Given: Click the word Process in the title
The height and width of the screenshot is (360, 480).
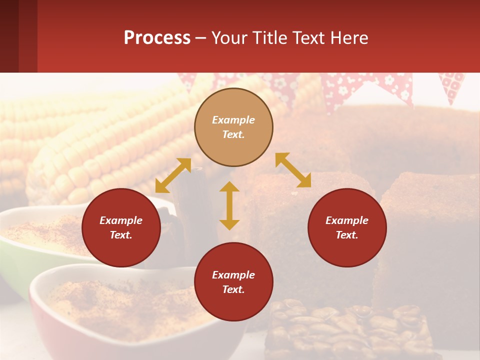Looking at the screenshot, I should [157, 38].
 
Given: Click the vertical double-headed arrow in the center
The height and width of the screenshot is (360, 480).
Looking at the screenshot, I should [229, 205].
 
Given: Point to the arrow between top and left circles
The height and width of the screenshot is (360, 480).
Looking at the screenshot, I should [173, 175].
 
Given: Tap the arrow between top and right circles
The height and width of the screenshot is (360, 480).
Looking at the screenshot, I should [293, 170].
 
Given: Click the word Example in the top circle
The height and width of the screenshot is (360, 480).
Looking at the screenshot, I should [233, 120].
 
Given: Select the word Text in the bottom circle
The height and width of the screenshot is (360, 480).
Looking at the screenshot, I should [233, 289].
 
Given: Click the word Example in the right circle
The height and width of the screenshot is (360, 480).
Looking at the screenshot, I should [347, 220].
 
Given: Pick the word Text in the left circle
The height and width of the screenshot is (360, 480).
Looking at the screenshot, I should [121, 235].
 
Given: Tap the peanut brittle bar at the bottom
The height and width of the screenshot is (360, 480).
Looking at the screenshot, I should [350, 330].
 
